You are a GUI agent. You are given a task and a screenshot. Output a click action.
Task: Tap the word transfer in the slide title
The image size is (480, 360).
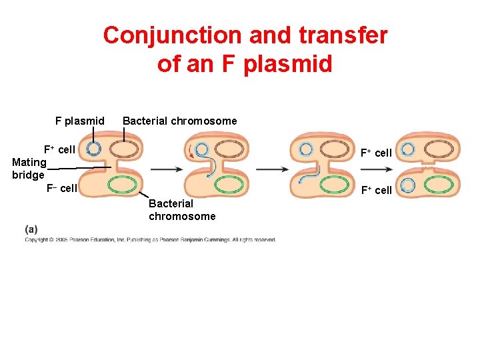point(341,35)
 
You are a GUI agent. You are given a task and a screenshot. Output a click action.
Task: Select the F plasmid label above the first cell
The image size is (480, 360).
point(80,121)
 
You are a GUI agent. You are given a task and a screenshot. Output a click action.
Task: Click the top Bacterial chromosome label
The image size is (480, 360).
point(179,121)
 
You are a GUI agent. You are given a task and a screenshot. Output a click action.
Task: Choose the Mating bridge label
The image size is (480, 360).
point(29,168)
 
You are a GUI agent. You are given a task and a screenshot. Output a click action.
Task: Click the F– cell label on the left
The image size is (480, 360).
point(62,188)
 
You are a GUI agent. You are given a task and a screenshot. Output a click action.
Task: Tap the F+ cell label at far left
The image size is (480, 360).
point(59,149)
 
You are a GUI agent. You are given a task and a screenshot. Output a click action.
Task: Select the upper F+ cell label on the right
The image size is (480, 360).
point(376,153)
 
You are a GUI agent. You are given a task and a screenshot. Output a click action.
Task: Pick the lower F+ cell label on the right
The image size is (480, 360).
point(376,190)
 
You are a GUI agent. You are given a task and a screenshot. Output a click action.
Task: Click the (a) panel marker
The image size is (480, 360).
point(31,229)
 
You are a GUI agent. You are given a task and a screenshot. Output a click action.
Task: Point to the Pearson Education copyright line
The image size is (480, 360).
point(150,239)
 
